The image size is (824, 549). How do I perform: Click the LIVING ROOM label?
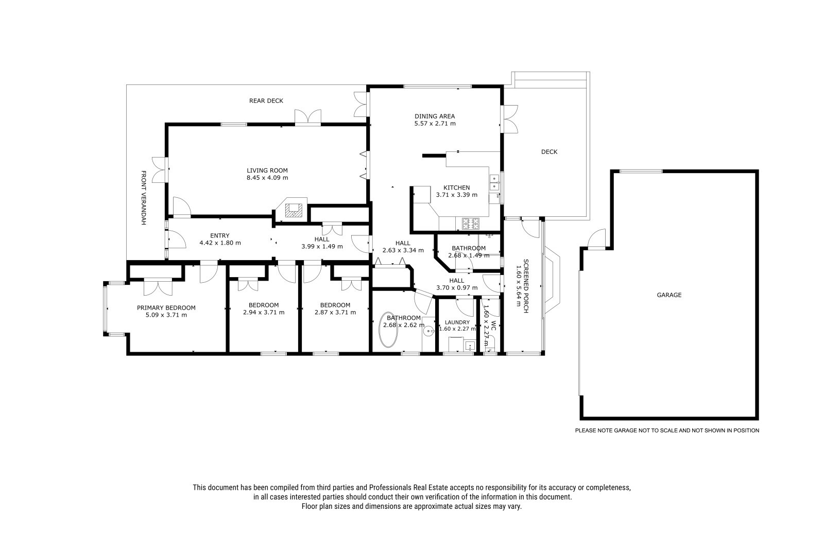click(x=267, y=170)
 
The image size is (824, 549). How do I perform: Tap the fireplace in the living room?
click(x=294, y=210)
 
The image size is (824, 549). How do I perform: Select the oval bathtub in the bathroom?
click(x=388, y=330)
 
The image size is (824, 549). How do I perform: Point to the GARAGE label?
click(x=669, y=295)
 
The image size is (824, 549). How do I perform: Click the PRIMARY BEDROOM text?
click(x=166, y=308)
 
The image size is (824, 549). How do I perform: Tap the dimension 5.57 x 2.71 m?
click(x=435, y=124)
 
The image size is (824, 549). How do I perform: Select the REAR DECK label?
click(x=266, y=101)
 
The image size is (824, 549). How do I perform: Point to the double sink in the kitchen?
click(x=494, y=183)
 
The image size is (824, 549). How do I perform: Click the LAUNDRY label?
click(x=457, y=322)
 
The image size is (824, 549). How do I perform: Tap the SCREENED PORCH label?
click(x=526, y=286)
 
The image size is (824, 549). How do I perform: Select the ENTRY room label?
click(x=220, y=236)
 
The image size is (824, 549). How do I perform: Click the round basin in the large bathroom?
click(x=428, y=332)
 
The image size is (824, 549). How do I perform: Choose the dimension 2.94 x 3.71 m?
click(x=264, y=313)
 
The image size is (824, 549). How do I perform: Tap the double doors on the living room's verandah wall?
click(x=160, y=169)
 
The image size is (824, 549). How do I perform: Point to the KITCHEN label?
click(x=456, y=187)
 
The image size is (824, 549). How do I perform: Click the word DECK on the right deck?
click(x=549, y=151)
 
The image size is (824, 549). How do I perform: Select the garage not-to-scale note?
click(x=667, y=430)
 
